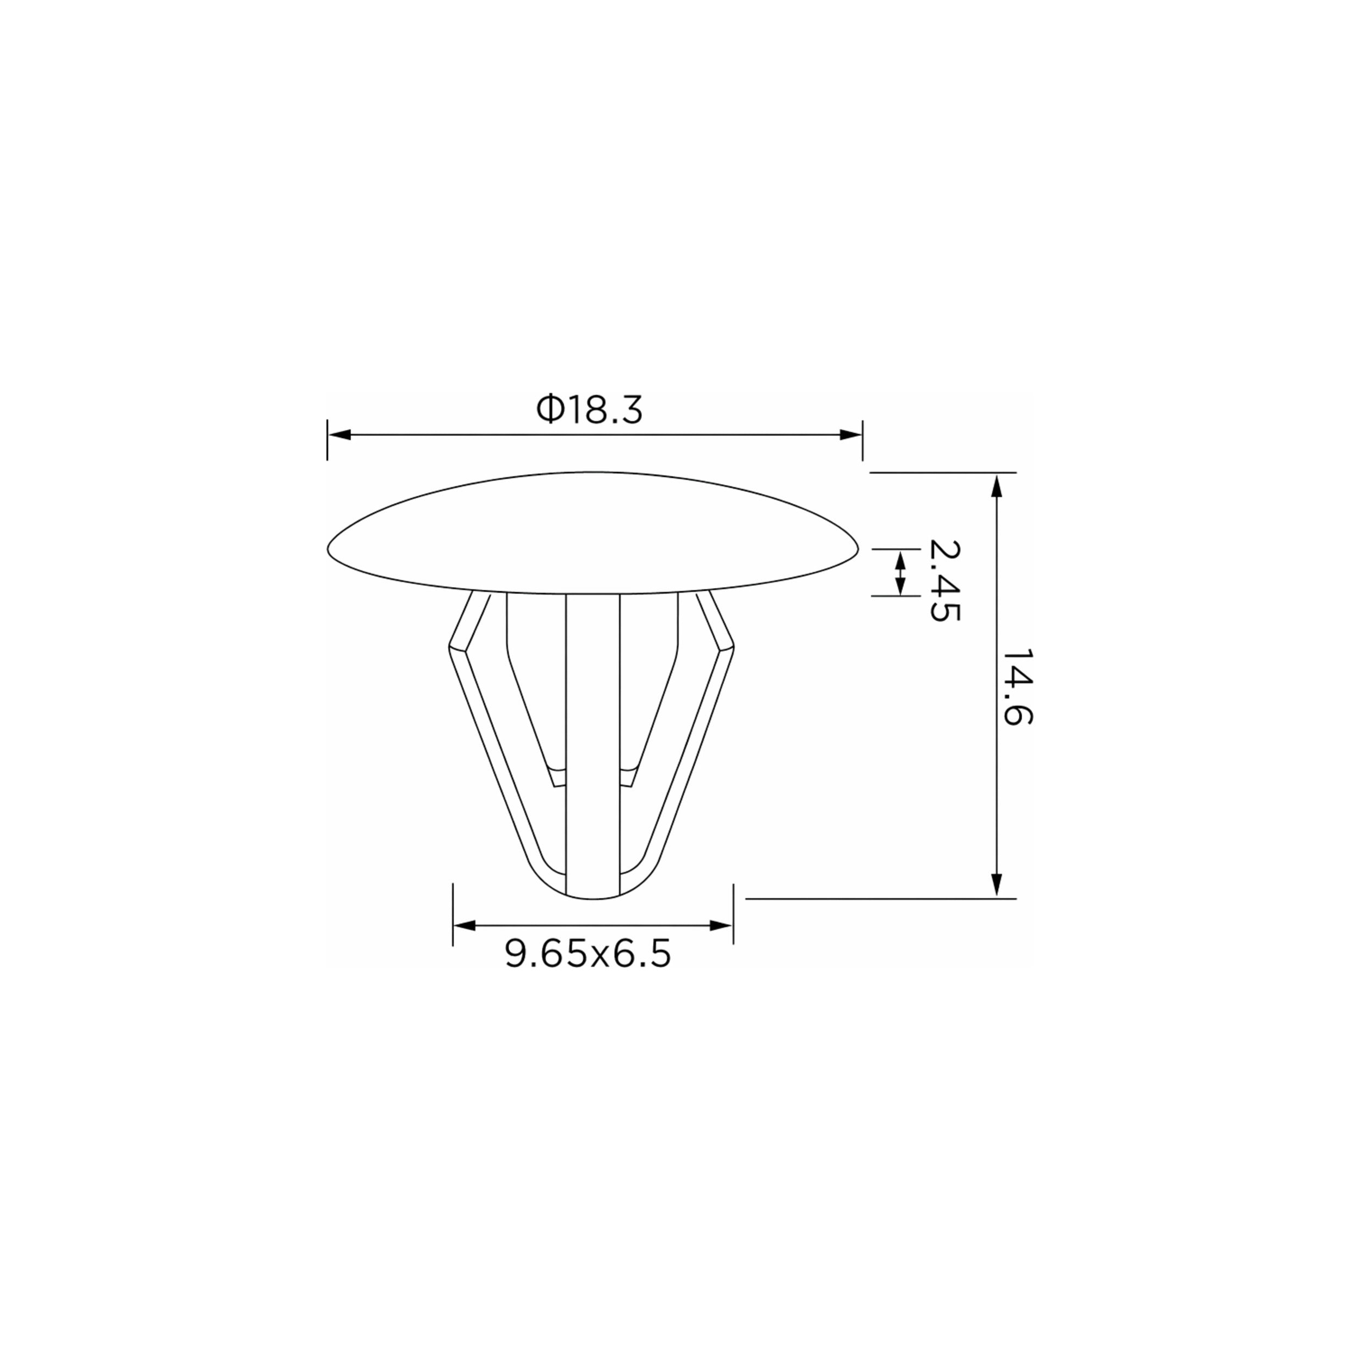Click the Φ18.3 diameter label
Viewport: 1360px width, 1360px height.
click(589, 410)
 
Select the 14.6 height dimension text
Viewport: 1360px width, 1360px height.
click(1017, 687)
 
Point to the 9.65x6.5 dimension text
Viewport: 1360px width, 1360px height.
click(588, 954)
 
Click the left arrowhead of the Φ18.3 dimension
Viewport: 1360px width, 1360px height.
click(339, 435)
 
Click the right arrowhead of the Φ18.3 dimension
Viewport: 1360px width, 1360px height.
click(851, 435)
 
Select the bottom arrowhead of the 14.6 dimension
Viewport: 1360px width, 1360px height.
click(996, 886)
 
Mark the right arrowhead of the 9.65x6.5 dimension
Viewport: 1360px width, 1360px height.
click(721, 925)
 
